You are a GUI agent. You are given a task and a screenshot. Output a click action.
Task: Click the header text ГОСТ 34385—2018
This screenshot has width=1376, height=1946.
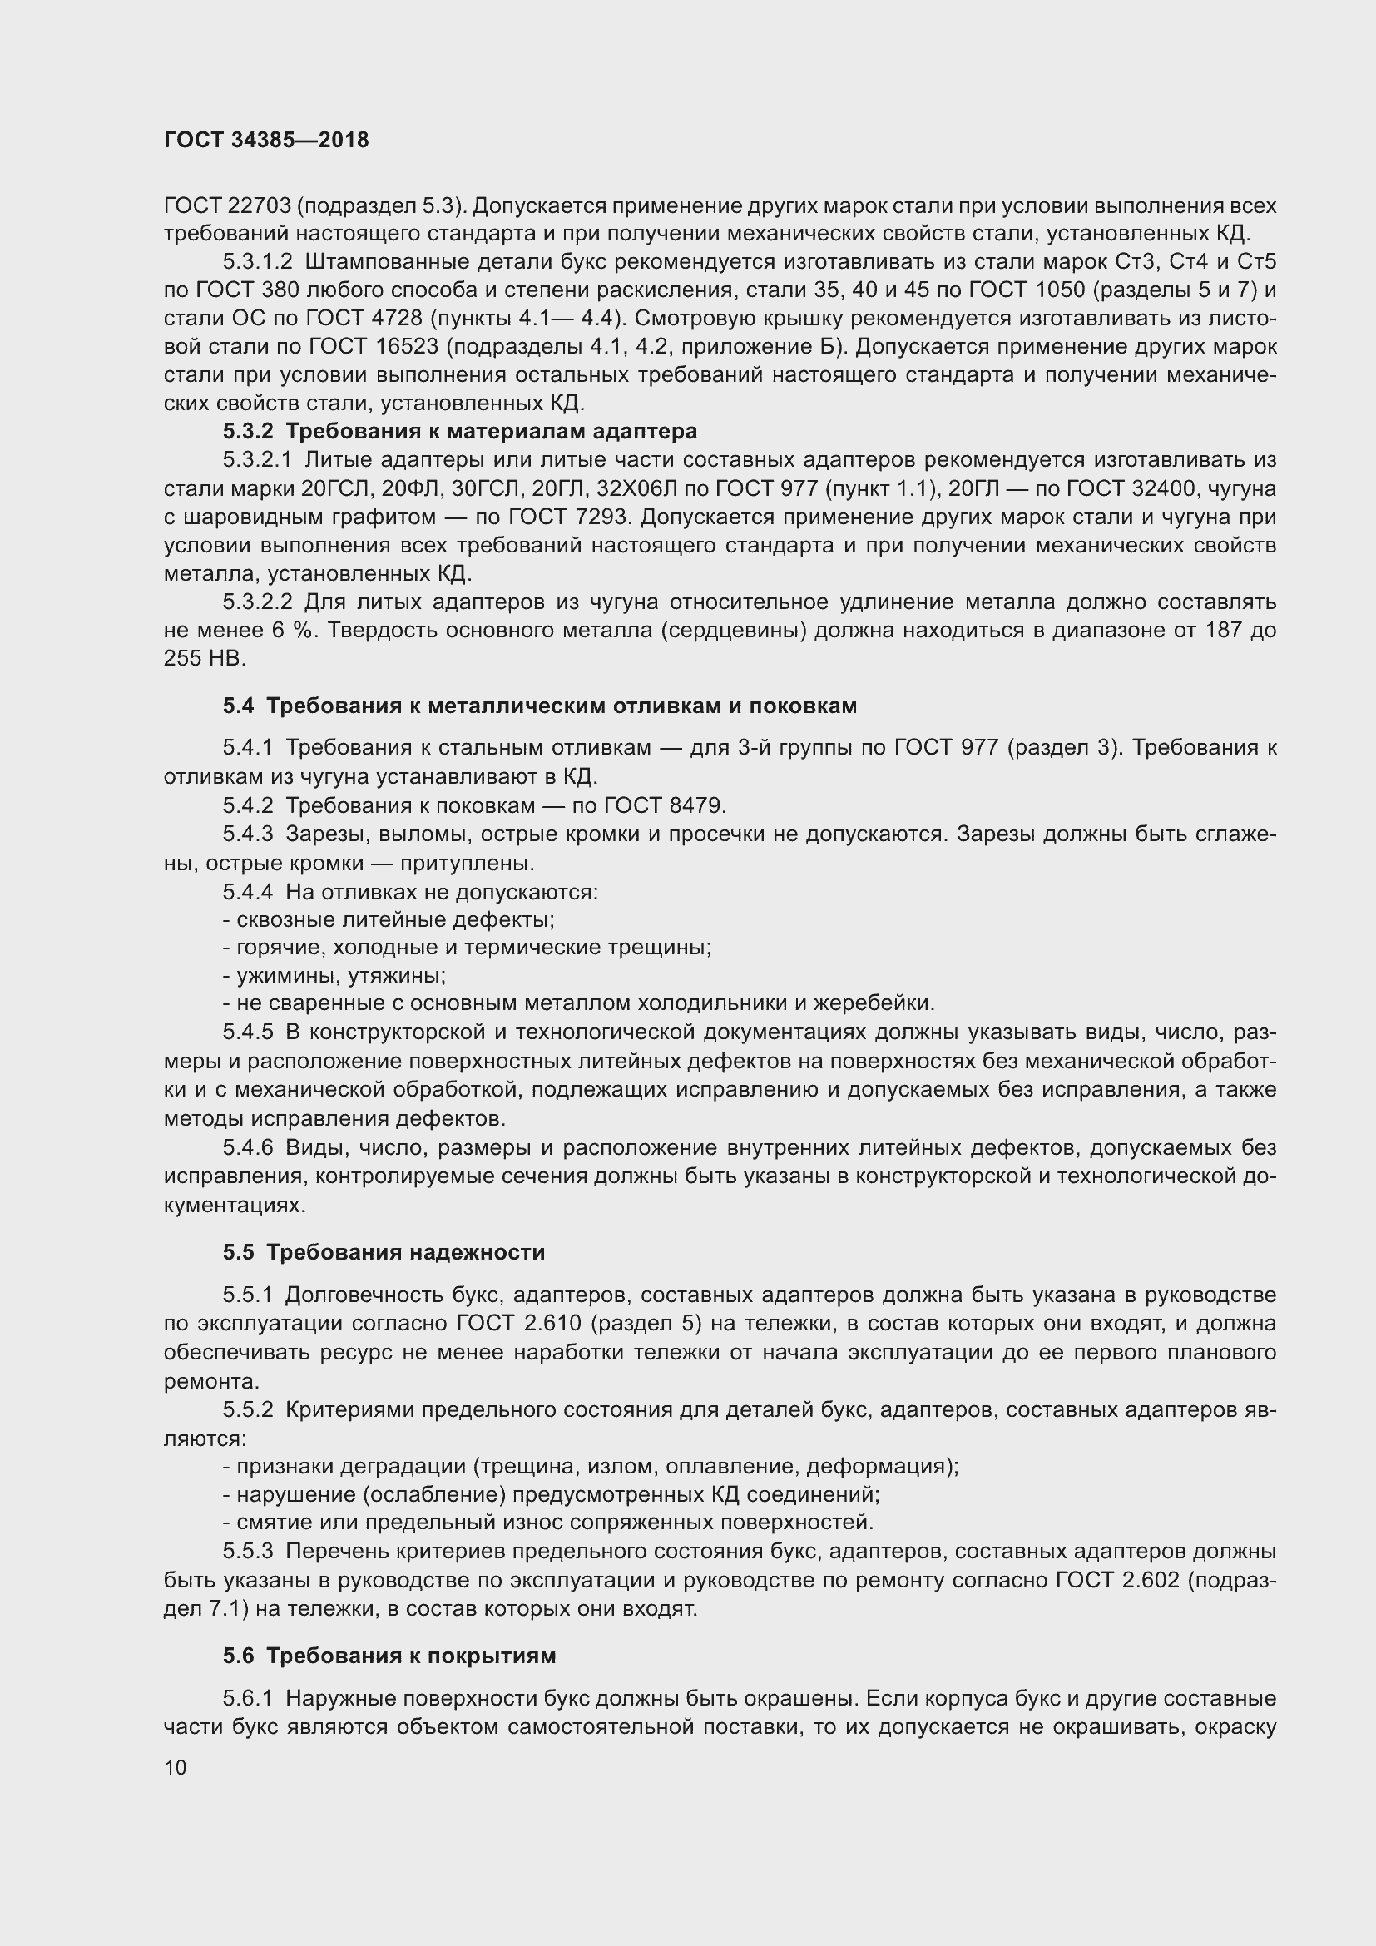(266, 140)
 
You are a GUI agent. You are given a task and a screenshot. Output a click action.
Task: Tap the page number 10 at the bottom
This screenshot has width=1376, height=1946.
(176, 1767)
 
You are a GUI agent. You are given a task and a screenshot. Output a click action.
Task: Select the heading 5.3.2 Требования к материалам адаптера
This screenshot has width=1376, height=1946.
(460, 432)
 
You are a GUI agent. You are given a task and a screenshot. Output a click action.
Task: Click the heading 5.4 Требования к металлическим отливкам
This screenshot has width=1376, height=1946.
(540, 706)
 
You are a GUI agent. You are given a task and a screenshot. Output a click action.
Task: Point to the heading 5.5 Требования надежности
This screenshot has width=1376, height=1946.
(384, 1252)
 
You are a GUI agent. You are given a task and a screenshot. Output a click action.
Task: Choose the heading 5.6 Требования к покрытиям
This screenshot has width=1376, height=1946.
(389, 1656)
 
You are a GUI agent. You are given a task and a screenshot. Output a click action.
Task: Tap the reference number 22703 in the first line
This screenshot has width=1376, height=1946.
(259, 206)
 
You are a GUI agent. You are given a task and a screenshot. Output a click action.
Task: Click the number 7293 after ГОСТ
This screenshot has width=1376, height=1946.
(589, 517)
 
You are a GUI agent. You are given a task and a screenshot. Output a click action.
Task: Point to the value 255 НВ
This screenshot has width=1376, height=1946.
(203, 659)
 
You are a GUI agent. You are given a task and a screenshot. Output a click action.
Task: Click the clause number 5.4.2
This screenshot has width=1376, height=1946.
(247, 805)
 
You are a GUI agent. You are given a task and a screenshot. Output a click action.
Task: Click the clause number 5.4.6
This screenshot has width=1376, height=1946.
(247, 1147)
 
